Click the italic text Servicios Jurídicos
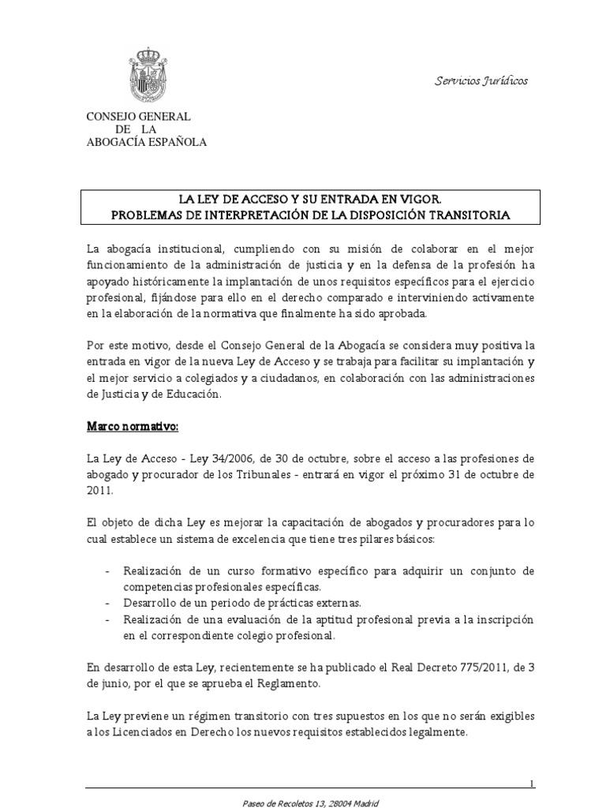(481, 81)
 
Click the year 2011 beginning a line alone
(101, 489)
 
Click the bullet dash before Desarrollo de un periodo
(107, 603)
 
